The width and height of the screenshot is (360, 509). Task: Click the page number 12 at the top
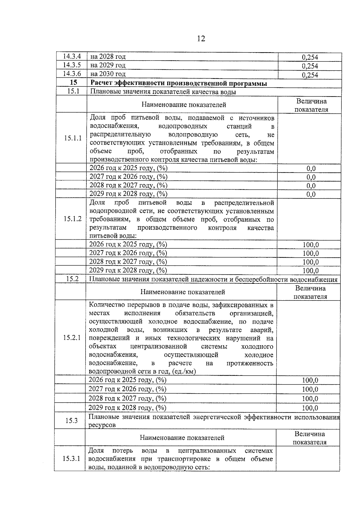pyautogui.click(x=201, y=39)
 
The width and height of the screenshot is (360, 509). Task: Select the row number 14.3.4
pyautogui.click(x=72, y=56)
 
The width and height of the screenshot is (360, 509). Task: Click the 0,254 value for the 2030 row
pyautogui.click(x=310, y=75)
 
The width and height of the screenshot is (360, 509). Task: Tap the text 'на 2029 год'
pyautogui.click(x=108, y=65)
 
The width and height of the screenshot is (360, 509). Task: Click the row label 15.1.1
pyautogui.click(x=73, y=138)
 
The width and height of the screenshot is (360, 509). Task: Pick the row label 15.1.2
pyautogui.click(x=72, y=219)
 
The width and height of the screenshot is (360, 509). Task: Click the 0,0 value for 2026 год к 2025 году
pyautogui.click(x=311, y=169)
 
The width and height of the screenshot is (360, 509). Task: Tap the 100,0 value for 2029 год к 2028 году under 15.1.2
pyautogui.click(x=310, y=271)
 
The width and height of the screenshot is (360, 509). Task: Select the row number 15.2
pyautogui.click(x=72, y=279)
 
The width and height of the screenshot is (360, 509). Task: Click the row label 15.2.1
pyautogui.click(x=72, y=338)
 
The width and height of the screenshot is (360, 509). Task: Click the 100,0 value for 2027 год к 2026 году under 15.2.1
pyautogui.click(x=310, y=389)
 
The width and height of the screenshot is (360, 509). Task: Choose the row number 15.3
pyautogui.click(x=71, y=421)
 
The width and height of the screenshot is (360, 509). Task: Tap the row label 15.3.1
pyautogui.click(x=71, y=459)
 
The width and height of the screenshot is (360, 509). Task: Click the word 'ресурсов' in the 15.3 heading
pyautogui.click(x=102, y=425)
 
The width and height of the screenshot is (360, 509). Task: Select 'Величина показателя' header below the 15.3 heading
pyautogui.click(x=309, y=438)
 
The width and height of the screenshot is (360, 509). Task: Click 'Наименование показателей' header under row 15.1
pyautogui.click(x=184, y=105)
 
